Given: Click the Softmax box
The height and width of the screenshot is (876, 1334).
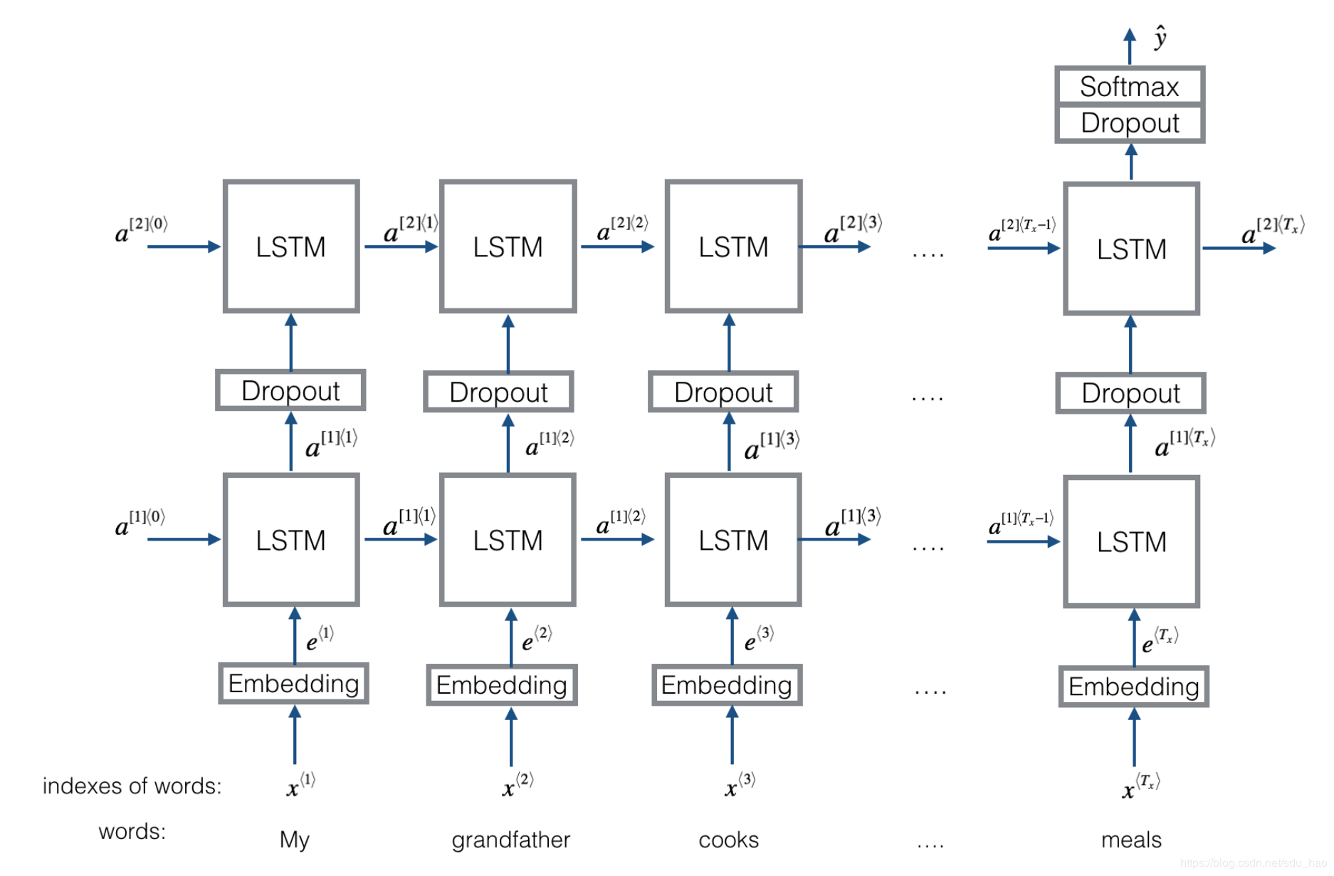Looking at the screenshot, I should tap(1129, 87).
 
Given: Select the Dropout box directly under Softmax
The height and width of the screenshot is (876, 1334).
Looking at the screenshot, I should tap(1129, 123).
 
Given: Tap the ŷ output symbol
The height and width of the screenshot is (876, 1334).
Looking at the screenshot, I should tap(1160, 37).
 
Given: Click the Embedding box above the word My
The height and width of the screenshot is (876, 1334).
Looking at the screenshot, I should tap(293, 684).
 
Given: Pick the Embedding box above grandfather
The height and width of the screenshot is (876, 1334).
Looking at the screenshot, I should tap(501, 685).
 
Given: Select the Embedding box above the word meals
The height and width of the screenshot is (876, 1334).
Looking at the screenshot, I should tap(1133, 687).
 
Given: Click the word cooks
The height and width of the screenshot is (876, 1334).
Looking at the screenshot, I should tap(728, 840).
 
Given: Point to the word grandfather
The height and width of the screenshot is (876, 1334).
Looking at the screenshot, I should tap(510, 840).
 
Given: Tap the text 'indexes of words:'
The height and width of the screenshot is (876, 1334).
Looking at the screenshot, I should tap(132, 786).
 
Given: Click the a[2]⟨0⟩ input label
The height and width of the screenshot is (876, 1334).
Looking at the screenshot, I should tap(140, 229).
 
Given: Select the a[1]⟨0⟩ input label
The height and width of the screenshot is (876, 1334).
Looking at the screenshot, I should tap(140, 523).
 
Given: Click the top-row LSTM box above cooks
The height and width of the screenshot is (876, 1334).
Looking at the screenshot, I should tap(733, 246).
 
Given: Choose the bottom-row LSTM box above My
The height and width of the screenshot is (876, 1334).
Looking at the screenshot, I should tap(290, 540).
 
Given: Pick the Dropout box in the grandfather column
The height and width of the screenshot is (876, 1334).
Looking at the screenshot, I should tap(498, 392).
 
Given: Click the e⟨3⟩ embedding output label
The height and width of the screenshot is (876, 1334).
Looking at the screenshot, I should tap(758, 639).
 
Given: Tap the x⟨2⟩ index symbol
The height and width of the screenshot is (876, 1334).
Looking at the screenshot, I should tap(517, 785).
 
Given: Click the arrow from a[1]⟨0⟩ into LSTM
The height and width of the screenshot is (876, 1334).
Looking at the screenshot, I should tap(184, 539).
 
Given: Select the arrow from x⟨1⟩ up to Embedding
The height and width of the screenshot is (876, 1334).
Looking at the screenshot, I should tap(295, 735).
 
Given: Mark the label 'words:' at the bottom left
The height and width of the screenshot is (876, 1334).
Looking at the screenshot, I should tap(132, 831).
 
